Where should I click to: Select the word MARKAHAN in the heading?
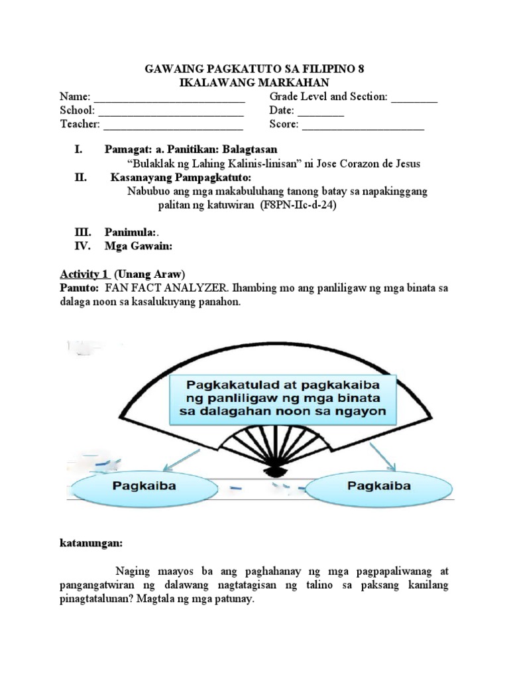click(290, 82)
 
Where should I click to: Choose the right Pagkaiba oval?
click(379, 486)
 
